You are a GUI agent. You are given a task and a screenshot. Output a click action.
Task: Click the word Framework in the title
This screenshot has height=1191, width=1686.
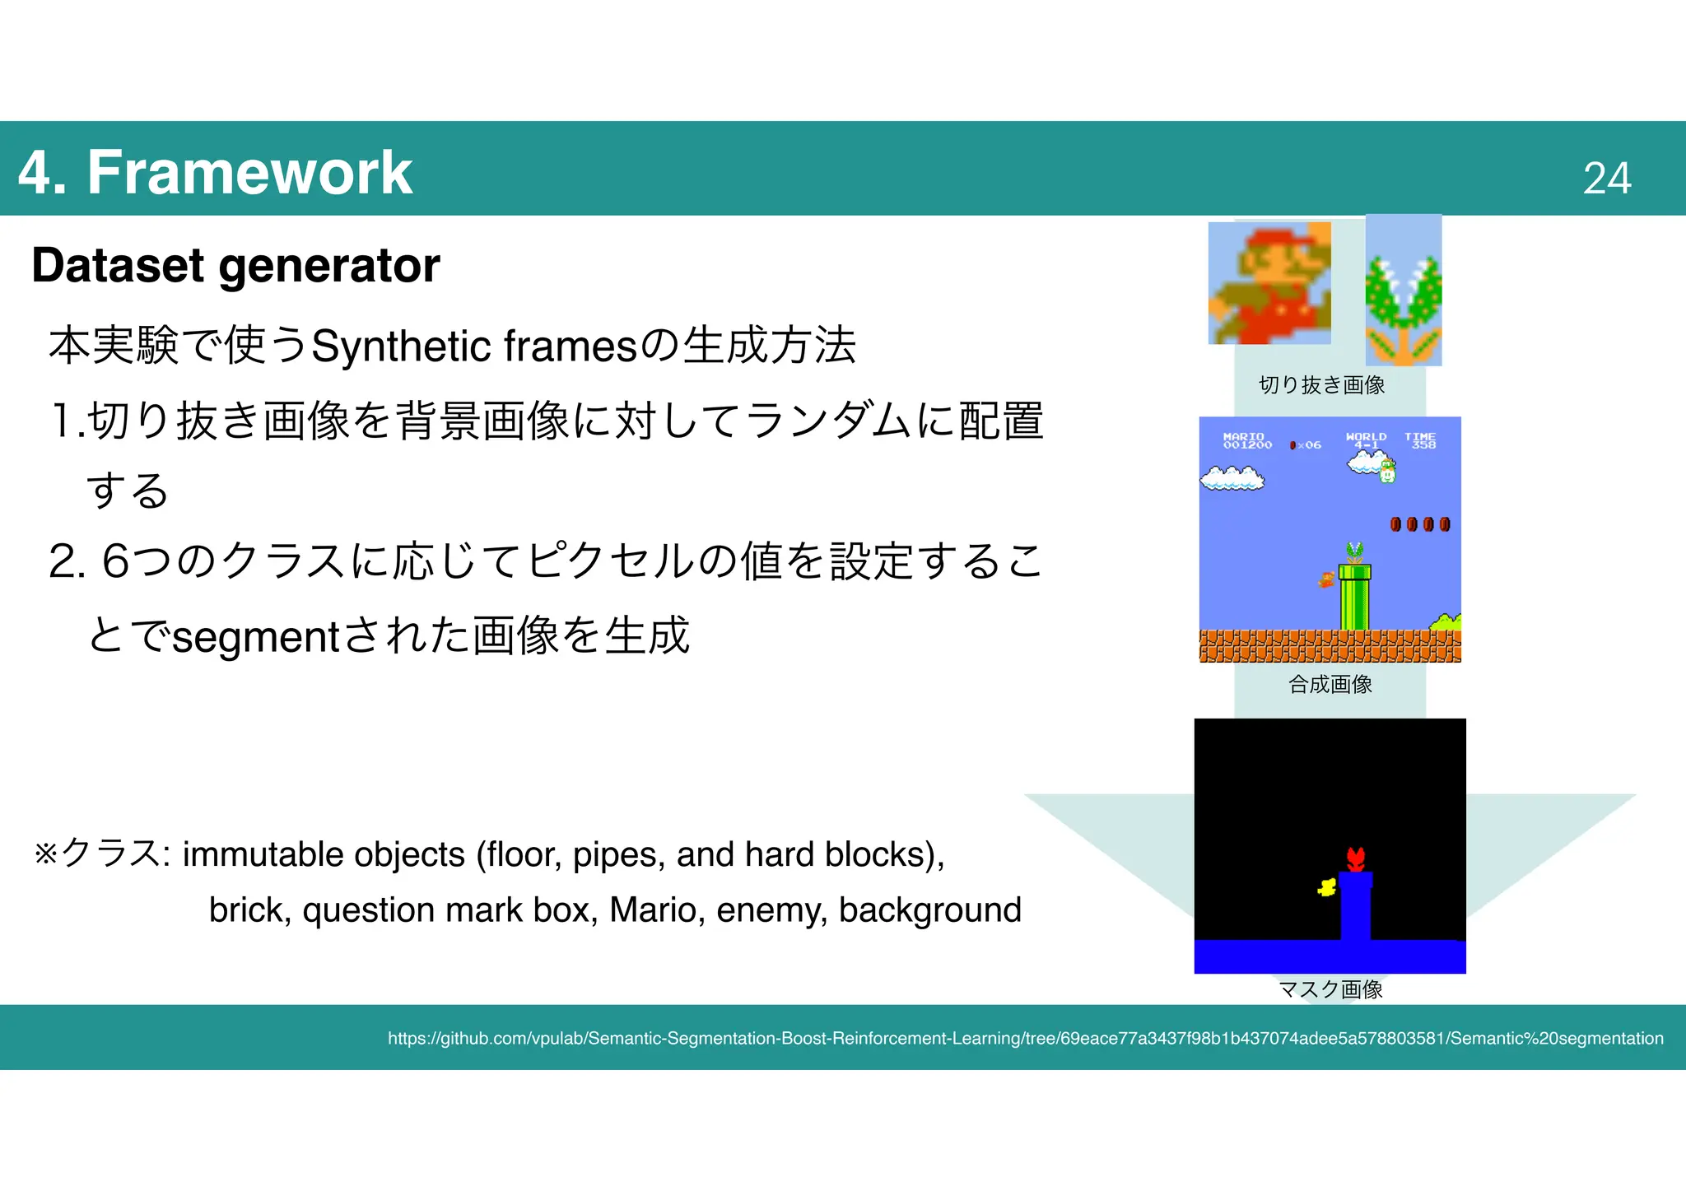249,172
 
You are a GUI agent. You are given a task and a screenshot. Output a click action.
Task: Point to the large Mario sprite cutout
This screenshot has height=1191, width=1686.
1269,283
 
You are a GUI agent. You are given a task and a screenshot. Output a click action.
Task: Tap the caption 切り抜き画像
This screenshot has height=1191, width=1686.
1321,385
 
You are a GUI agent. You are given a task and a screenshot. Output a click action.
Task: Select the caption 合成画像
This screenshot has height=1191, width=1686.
1330,685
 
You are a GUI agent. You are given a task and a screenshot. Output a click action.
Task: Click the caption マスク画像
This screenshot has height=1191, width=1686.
1330,989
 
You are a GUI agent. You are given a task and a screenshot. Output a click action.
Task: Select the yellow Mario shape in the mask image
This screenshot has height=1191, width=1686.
1326,887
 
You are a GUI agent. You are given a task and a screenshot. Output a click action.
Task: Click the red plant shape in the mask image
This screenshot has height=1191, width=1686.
1355,858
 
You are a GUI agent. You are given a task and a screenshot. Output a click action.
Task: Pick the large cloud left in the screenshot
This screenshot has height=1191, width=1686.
1232,477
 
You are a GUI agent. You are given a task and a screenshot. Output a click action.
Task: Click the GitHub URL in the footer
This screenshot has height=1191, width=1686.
1025,1039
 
